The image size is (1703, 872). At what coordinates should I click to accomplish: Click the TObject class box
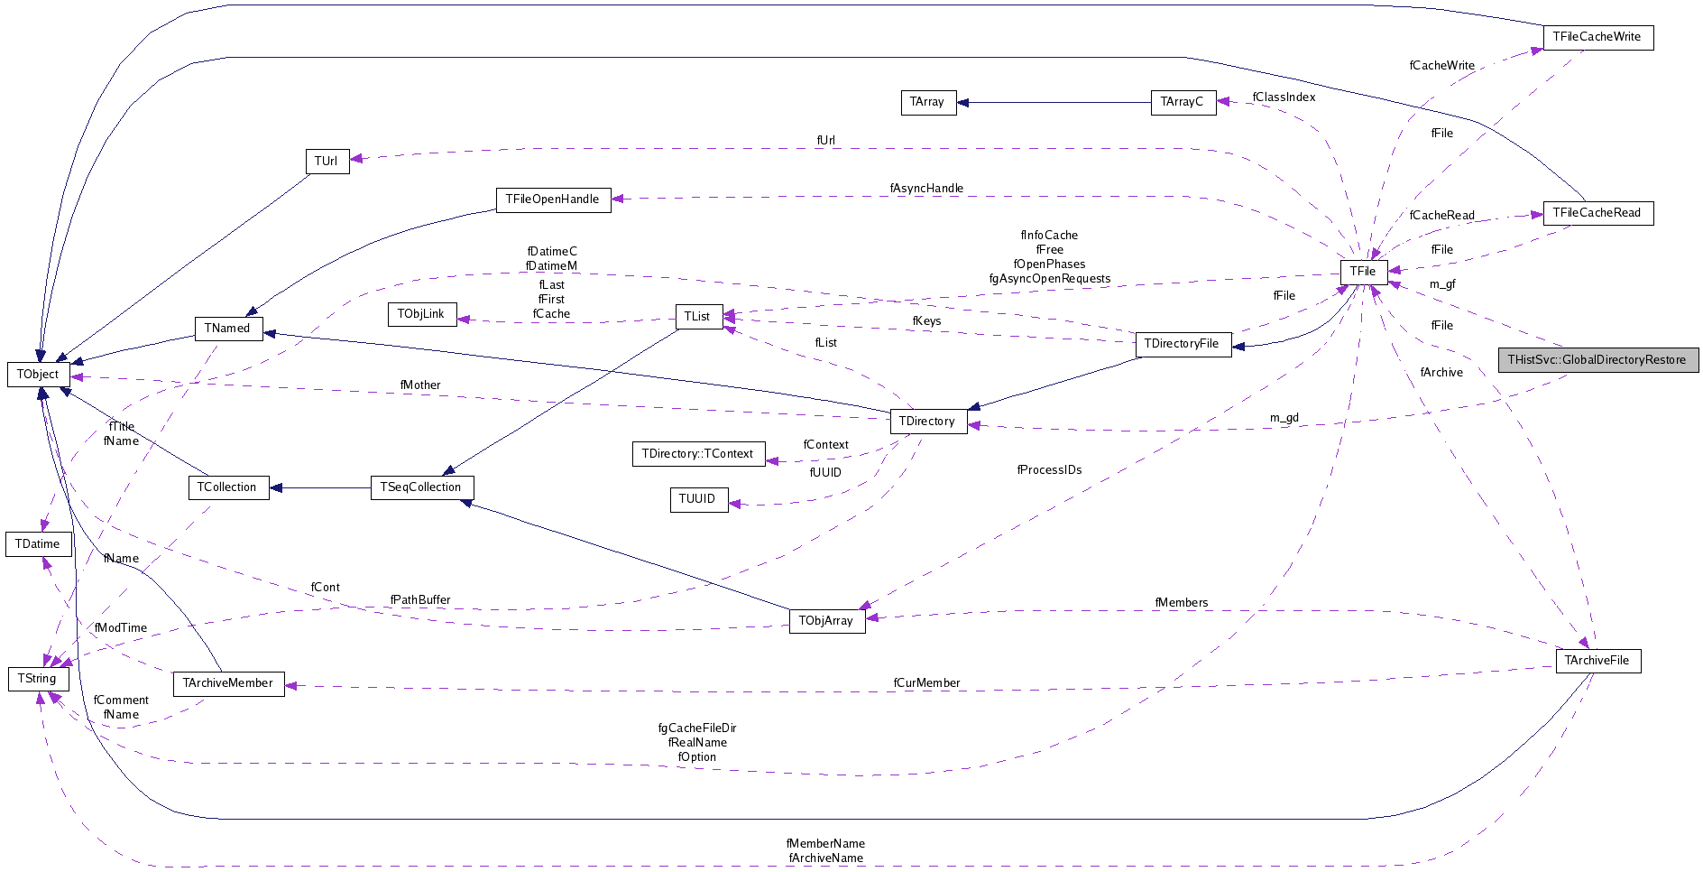pos(38,375)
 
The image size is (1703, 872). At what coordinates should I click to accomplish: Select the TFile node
pos(1363,272)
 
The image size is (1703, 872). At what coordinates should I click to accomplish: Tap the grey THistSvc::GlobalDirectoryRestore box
pos(1597,360)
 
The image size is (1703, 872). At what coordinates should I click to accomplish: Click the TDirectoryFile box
pos(1183,344)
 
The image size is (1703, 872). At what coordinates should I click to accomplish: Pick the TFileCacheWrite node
pos(1597,37)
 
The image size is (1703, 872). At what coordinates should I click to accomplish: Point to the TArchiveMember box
pos(228,683)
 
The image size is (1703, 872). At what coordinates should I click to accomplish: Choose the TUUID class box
pos(698,499)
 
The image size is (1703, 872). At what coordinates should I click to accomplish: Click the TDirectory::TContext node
pos(698,454)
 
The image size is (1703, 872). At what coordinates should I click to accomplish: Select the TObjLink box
pos(421,314)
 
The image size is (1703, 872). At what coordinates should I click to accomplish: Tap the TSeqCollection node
pos(421,487)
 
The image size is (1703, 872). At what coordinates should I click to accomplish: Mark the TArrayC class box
pos(1183,102)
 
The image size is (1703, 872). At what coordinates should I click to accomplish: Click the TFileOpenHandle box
pos(553,199)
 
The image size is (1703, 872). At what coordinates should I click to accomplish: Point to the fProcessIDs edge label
pos(1049,470)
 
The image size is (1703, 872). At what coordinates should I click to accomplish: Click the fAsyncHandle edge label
pos(926,189)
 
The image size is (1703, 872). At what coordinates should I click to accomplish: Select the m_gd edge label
pos(1284,418)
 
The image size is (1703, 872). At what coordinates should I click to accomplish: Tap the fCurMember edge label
pos(926,683)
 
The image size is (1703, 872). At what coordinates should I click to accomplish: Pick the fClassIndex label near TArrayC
pos(1284,97)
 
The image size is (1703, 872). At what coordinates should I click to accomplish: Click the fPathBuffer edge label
pos(420,600)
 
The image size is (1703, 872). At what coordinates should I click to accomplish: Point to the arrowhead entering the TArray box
pos(962,102)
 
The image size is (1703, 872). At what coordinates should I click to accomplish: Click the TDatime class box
pos(38,544)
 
